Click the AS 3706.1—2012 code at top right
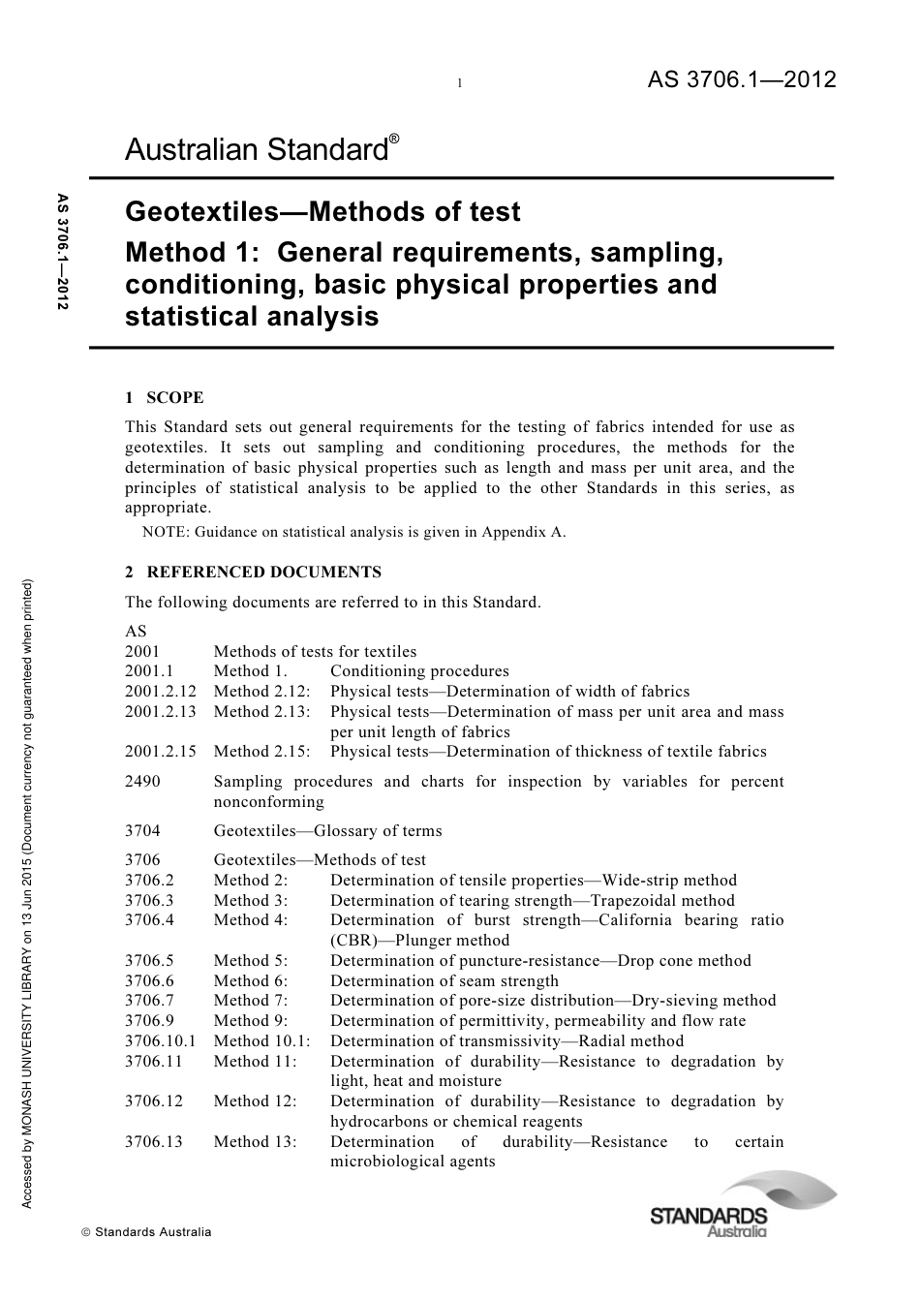[x=741, y=80]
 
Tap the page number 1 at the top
[x=460, y=84]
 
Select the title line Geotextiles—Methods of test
[x=322, y=212]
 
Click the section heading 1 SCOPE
[x=165, y=397]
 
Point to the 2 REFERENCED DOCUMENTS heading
[x=253, y=572]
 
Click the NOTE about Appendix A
[x=353, y=531]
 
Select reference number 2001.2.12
[x=161, y=692]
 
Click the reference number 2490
[x=142, y=782]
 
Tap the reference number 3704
[x=142, y=831]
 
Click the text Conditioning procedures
[x=419, y=671]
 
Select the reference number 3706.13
[x=153, y=1141]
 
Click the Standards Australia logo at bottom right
[x=713, y=1205]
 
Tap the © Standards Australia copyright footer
[x=146, y=1232]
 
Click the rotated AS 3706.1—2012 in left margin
[x=63, y=252]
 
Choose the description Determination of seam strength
[x=444, y=981]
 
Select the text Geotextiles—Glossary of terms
[x=327, y=831]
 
